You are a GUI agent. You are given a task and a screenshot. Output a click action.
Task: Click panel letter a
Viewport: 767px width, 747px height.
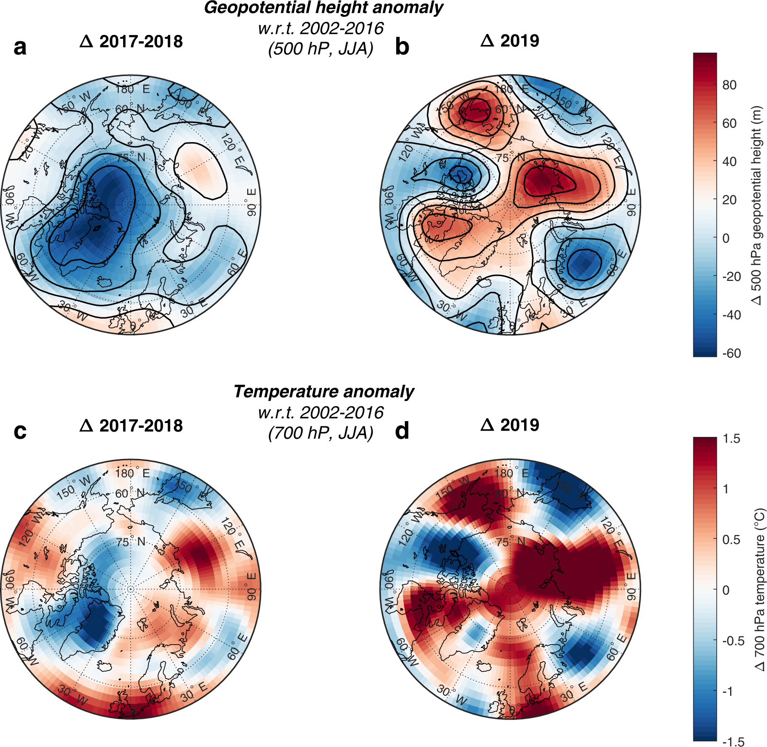pyautogui.click(x=20, y=47)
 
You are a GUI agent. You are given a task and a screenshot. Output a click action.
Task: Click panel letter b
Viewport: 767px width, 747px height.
pyautogui.click(x=402, y=47)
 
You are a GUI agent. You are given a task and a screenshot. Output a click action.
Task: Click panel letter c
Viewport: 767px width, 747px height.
pyautogui.click(x=20, y=432)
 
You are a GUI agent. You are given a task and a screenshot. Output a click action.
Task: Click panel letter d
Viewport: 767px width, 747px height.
pyautogui.click(x=402, y=432)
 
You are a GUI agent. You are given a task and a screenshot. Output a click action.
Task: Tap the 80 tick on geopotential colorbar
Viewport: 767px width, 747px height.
pyautogui.click(x=729, y=85)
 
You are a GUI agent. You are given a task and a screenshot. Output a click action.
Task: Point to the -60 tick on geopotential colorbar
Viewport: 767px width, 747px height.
pyautogui.click(x=731, y=354)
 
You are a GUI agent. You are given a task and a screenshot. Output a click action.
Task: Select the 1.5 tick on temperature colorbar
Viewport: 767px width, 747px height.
pyautogui.click(x=731, y=439)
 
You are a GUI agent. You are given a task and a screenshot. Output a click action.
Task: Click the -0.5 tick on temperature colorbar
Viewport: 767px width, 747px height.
pyautogui.click(x=733, y=641)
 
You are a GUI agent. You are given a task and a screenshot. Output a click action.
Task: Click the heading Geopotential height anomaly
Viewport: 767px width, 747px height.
pyautogui.click(x=323, y=8)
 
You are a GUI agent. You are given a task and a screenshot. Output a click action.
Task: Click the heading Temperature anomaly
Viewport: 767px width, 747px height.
pyautogui.click(x=323, y=392)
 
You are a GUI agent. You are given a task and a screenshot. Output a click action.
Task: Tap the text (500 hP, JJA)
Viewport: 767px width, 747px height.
pyautogui.click(x=321, y=49)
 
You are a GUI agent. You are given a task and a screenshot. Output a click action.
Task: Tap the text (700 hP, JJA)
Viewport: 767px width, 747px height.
pyautogui.click(x=321, y=433)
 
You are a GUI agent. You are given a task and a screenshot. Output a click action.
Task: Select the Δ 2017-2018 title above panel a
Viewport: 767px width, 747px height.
pyautogui.click(x=131, y=42)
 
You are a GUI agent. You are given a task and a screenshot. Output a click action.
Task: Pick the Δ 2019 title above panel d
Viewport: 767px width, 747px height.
pyautogui.click(x=509, y=425)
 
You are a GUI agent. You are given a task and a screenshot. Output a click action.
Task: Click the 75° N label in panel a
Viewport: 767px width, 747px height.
pyautogui.click(x=130, y=158)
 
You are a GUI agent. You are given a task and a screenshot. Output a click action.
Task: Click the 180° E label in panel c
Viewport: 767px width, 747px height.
pyautogui.click(x=132, y=473)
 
